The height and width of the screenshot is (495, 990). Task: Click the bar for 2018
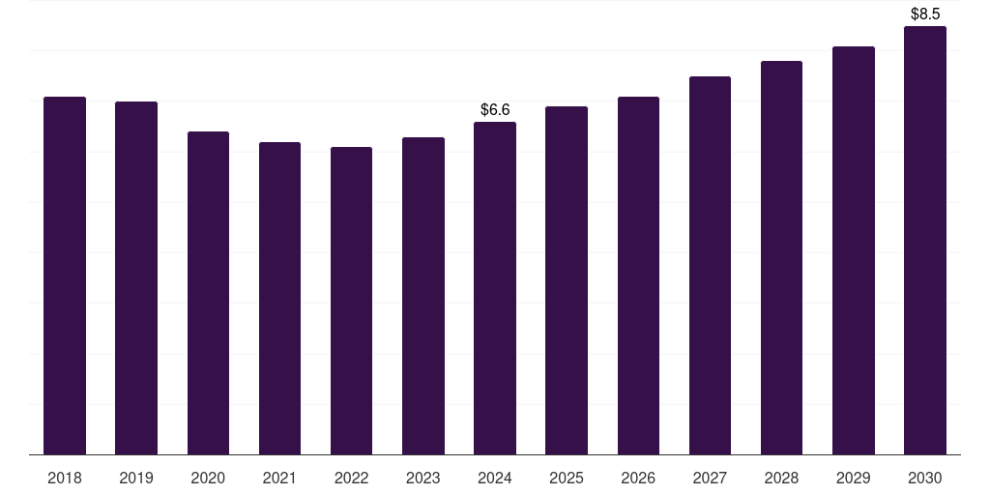pyautogui.click(x=65, y=276)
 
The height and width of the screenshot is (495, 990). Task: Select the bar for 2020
pyautogui.click(x=209, y=293)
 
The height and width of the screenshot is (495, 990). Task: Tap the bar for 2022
pyautogui.click(x=351, y=301)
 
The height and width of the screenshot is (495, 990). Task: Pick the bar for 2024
pyautogui.click(x=495, y=288)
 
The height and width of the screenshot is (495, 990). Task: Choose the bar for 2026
pyautogui.click(x=638, y=276)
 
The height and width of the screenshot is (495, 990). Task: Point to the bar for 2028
pyautogui.click(x=781, y=257)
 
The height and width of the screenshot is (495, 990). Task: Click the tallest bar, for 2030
pyautogui.click(x=925, y=241)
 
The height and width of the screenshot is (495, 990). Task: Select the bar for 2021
pyautogui.click(x=279, y=299)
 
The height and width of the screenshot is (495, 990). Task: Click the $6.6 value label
pyautogui.click(x=495, y=110)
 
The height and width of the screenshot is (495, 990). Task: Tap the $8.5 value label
pyautogui.click(x=925, y=14)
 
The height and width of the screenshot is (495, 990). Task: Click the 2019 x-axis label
pyautogui.click(x=136, y=478)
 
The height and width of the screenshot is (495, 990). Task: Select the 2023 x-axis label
pyautogui.click(x=423, y=478)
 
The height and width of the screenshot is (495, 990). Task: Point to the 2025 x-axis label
pyautogui.click(x=567, y=478)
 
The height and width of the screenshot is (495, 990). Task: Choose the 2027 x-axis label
pyautogui.click(x=710, y=478)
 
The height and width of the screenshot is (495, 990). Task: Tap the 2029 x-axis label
pyautogui.click(x=853, y=478)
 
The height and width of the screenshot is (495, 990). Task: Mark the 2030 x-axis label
pyautogui.click(x=925, y=478)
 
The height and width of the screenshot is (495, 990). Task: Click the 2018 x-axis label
pyautogui.click(x=65, y=478)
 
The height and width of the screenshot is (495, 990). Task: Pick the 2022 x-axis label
pyautogui.click(x=351, y=478)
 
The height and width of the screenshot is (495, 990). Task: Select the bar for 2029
pyautogui.click(x=853, y=250)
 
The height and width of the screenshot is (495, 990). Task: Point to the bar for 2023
pyautogui.click(x=423, y=296)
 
